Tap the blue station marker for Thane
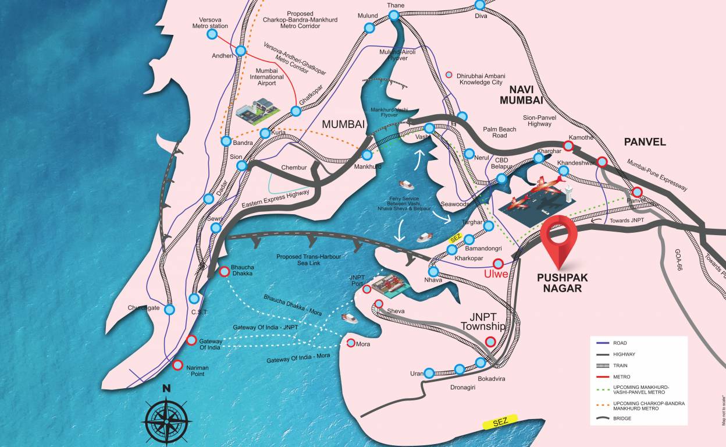pyautogui.click(x=394, y=16)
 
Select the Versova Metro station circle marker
pyautogui.click(x=212, y=34)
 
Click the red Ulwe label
pyautogui.click(x=496, y=274)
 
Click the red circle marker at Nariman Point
pyautogui.click(x=177, y=366)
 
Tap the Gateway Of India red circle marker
pyautogui.click(x=191, y=341)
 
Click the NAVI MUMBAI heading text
pyautogui.click(x=529, y=94)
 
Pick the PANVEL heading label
pyautogui.click(x=645, y=142)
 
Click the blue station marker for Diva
pyautogui.click(x=479, y=5)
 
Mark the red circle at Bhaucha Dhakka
pyautogui.click(x=225, y=271)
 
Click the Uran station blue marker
pyautogui.click(x=429, y=373)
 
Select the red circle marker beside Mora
pyautogui.click(x=350, y=343)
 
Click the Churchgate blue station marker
pyautogui.click(x=169, y=310)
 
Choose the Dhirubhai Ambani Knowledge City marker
pyautogui.click(x=449, y=75)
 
